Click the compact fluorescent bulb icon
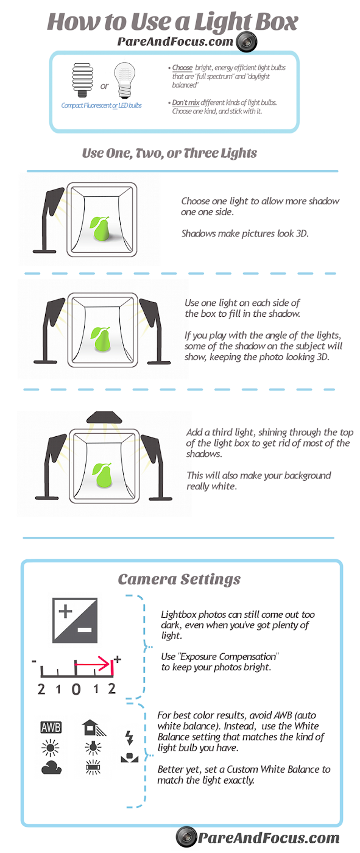click(x=83, y=80)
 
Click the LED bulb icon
click(x=124, y=80)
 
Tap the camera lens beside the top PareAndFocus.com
click(x=246, y=41)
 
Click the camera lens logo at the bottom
click(x=186, y=837)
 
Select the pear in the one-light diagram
click(x=100, y=228)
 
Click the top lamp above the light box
click(x=104, y=417)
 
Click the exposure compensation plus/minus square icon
click(x=74, y=620)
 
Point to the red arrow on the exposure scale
click(x=94, y=665)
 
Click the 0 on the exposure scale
click(x=76, y=689)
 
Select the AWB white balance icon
click(x=51, y=727)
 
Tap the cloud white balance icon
click(x=51, y=767)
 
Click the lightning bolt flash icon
click(x=129, y=738)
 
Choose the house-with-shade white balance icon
click(x=94, y=727)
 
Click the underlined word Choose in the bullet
click(x=182, y=68)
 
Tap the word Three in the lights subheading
click(x=200, y=153)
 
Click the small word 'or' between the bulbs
click(x=104, y=87)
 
